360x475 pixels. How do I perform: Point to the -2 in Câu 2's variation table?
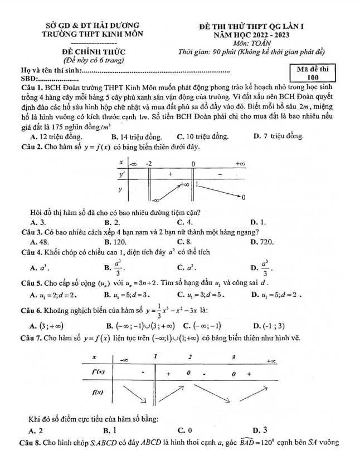click(149, 164)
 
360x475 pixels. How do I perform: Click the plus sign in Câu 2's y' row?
click(171, 174)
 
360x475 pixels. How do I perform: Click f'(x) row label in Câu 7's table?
click(98, 370)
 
